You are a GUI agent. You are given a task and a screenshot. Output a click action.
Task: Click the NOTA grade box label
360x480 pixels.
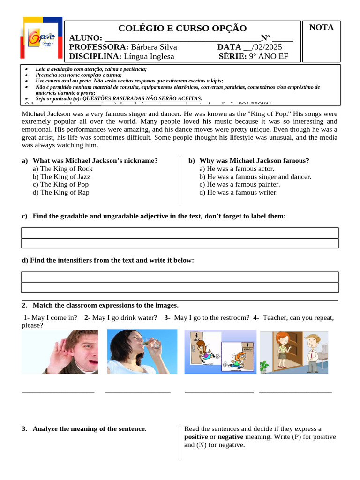point(322,28)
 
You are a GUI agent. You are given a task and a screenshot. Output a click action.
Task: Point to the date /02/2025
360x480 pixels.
point(267,47)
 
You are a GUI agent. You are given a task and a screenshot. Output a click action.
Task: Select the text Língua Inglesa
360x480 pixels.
point(149,57)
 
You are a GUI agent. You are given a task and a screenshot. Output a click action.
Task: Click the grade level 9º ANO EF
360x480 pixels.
point(269,57)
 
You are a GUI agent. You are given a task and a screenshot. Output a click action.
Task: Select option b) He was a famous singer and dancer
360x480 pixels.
point(255,177)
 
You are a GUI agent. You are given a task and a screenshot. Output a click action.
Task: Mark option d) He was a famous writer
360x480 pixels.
point(238,192)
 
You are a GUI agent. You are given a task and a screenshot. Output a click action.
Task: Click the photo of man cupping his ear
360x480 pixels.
point(60,352)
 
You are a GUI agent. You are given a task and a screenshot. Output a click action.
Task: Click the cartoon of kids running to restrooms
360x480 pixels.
point(220,352)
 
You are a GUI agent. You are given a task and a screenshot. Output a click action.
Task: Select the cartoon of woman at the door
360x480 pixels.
point(294,352)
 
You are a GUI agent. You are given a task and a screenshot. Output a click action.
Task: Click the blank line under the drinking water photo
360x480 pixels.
point(138,391)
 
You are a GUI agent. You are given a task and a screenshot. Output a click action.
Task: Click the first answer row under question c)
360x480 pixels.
point(180,233)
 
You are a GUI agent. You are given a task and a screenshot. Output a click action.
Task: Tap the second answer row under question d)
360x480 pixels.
point(180,287)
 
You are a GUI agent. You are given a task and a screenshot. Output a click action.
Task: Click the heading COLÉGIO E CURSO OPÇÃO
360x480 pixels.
point(182,28)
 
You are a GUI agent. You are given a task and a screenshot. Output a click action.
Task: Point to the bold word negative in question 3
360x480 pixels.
point(231,437)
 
